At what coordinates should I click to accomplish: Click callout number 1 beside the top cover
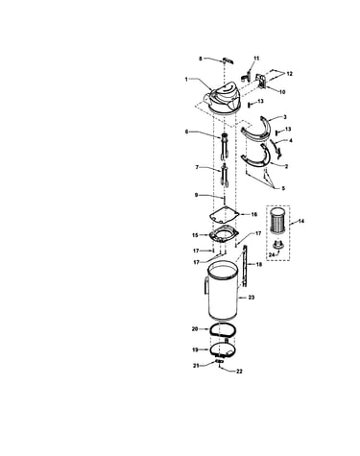tap(186, 79)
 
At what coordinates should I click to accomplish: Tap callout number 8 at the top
tap(201, 59)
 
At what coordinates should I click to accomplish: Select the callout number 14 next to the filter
tap(301, 221)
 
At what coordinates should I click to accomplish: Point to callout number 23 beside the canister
tap(252, 298)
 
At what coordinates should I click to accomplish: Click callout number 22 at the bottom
tap(239, 372)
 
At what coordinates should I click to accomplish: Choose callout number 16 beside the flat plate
tap(254, 214)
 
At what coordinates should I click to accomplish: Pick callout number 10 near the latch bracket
tap(282, 92)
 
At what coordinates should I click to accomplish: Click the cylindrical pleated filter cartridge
tap(277, 224)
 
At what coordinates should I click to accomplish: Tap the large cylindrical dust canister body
tap(223, 291)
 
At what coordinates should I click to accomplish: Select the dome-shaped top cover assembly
tap(222, 98)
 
